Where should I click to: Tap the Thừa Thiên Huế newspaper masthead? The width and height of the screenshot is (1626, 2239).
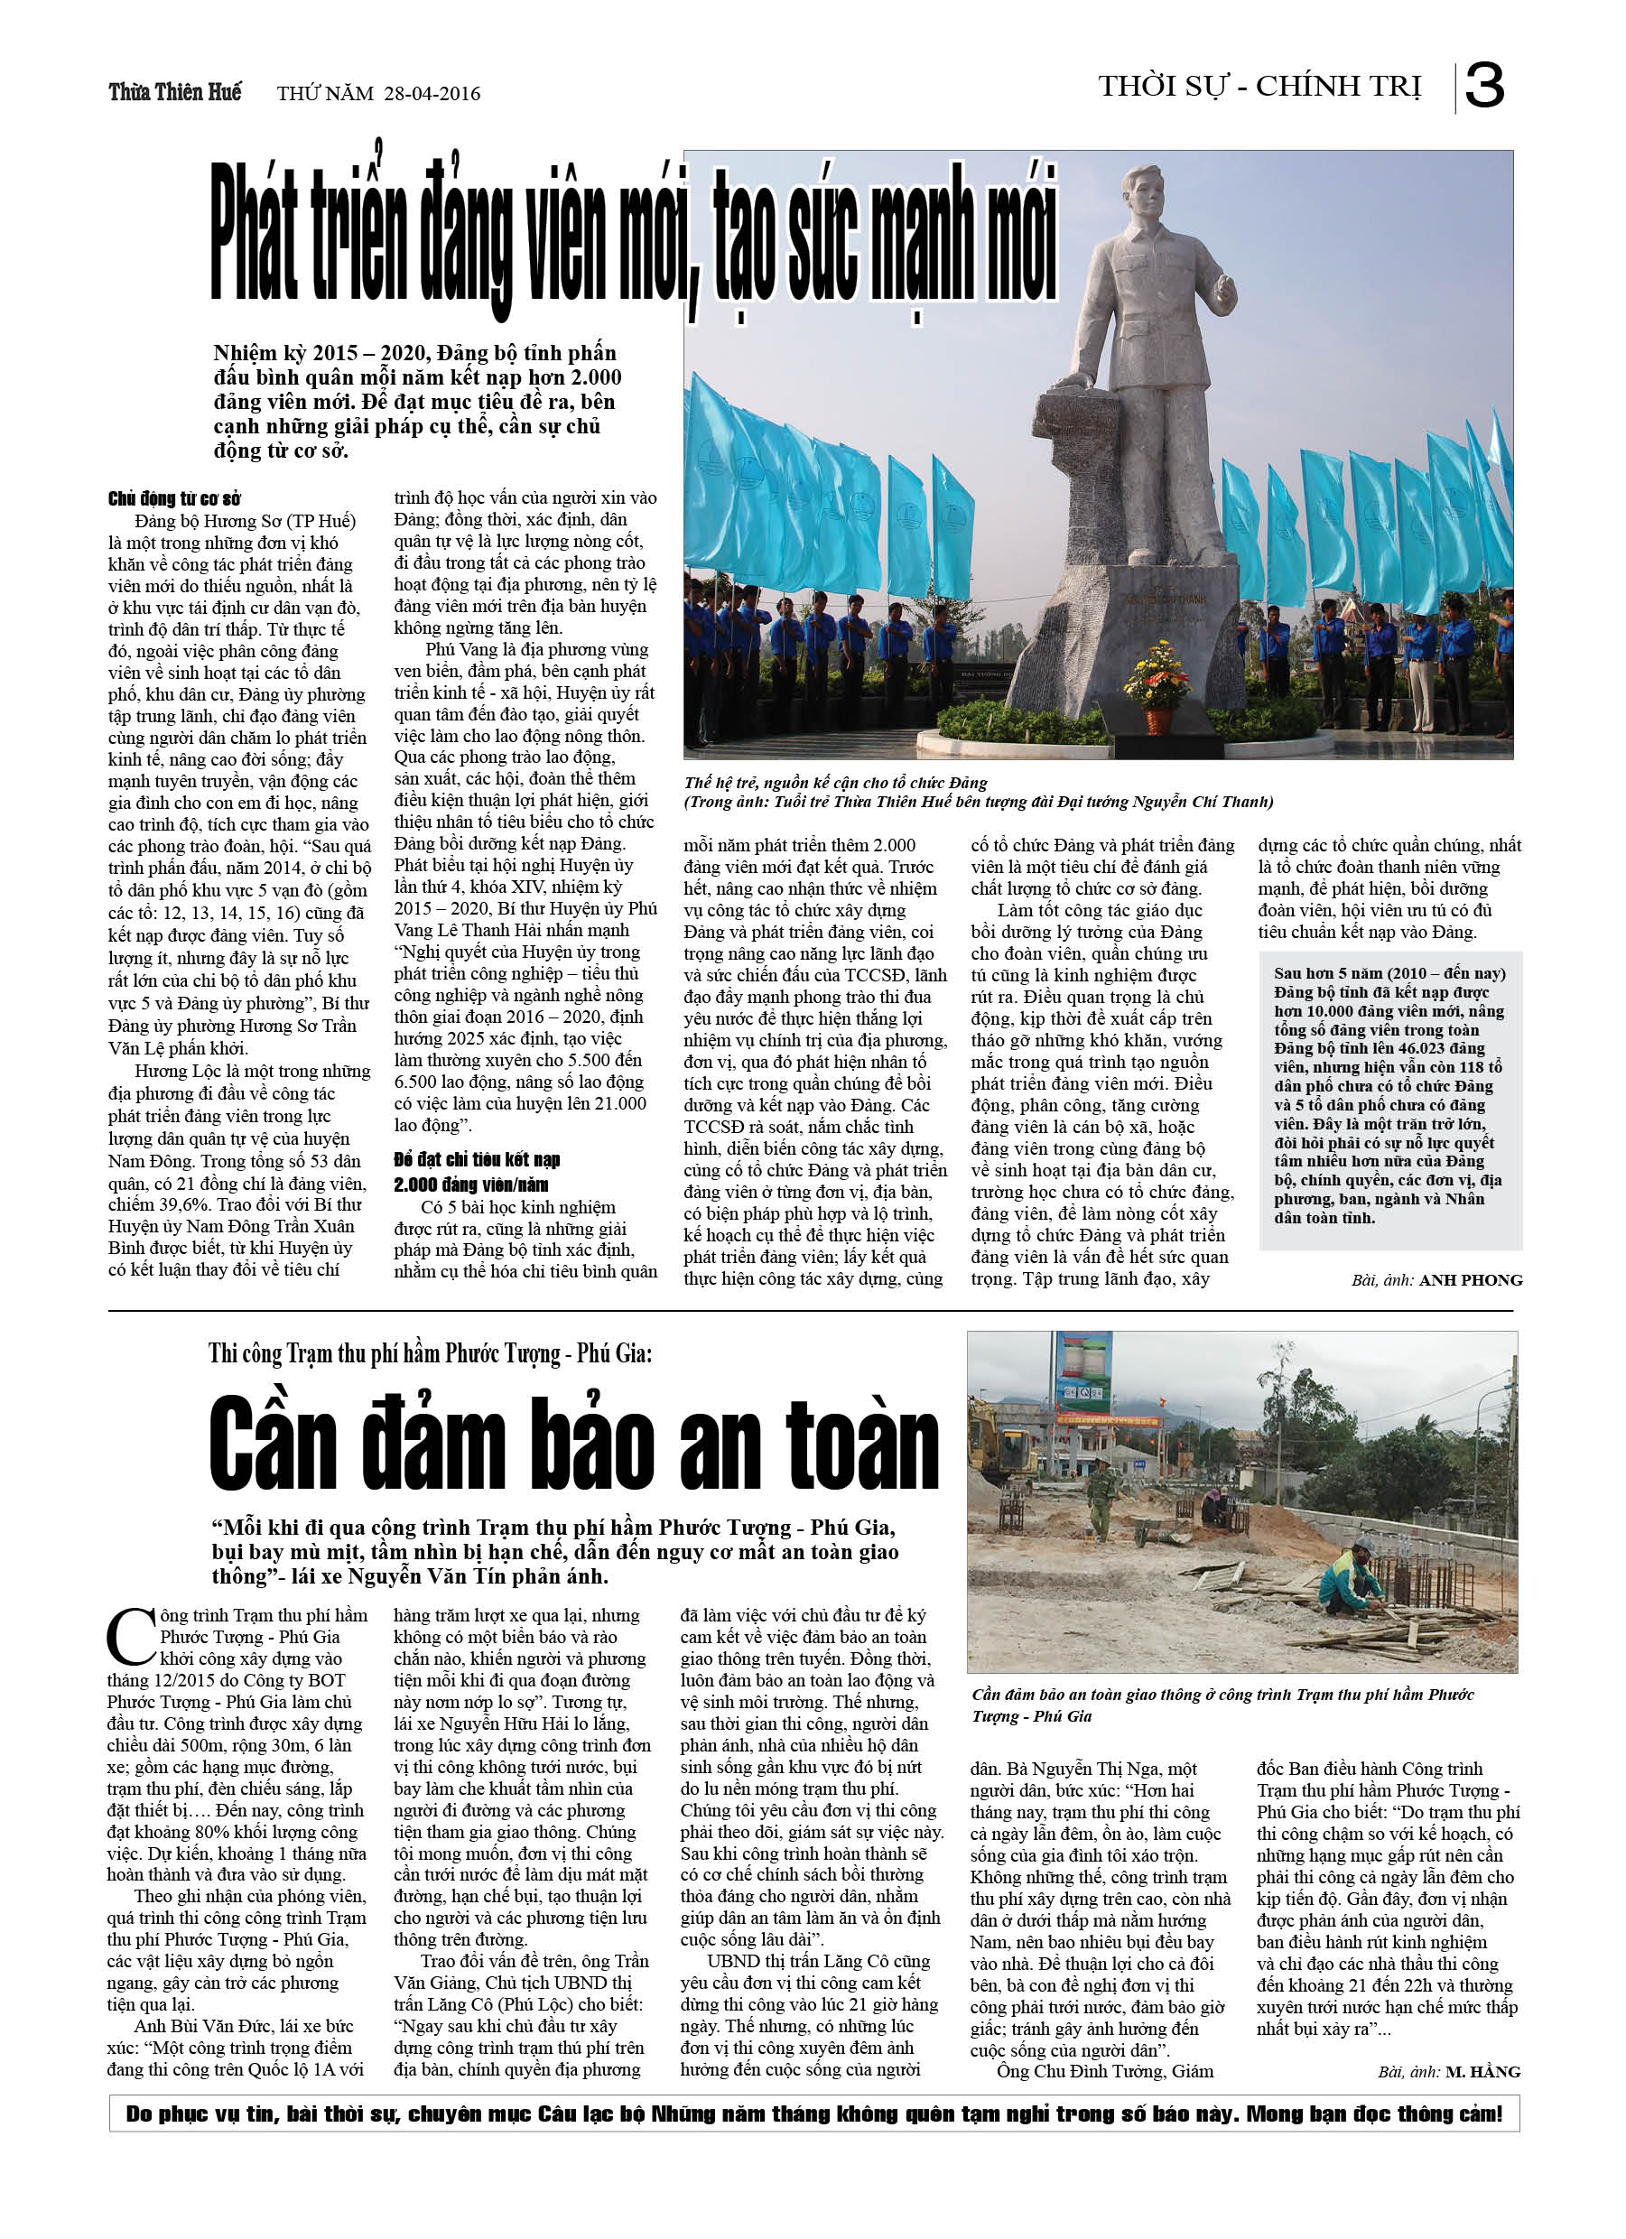tap(175, 92)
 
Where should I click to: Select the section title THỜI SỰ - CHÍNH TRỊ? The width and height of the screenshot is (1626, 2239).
tap(1259, 87)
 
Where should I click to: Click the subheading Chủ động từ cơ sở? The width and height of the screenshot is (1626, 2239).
tap(173, 498)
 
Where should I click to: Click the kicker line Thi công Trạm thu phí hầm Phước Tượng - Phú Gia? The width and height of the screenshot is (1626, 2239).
tap(430, 1353)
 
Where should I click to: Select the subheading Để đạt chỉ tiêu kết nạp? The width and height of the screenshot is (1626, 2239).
tap(477, 1160)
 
